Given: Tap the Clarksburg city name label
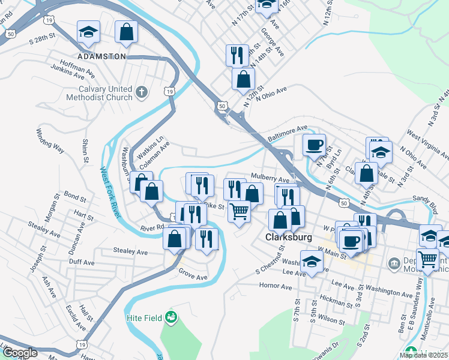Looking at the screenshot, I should pos(289,237).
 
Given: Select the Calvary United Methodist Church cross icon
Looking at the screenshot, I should pos(142,92).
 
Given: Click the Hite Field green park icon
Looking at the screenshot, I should pos(171,316).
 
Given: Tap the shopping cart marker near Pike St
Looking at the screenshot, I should pos(239,211).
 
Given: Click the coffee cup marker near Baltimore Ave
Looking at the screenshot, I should pos(314,145).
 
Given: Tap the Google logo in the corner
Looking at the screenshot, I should pos(20,352).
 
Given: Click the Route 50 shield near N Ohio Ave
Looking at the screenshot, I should pos(221,106).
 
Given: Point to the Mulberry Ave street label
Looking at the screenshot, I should pos(274,180).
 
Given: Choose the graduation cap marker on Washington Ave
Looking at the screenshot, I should pos(312,263).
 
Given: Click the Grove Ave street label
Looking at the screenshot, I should pos(193,277).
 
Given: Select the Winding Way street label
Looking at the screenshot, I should pos(50,140).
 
